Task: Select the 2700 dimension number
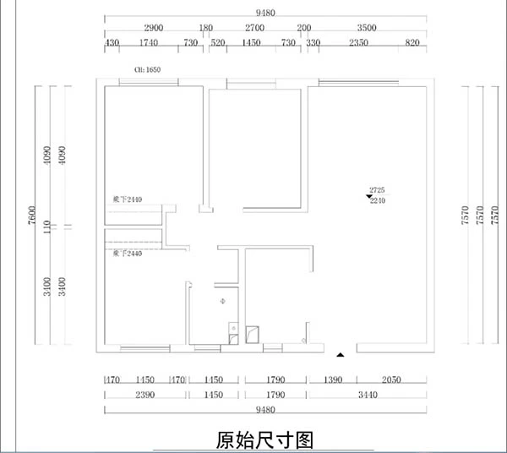point(254,28)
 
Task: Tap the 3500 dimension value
point(367,28)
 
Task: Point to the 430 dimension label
point(111,42)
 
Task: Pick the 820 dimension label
point(412,42)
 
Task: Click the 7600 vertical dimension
point(32,217)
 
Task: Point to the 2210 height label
point(378,202)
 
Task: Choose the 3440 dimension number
point(366,395)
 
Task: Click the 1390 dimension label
point(334,381)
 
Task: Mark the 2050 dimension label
point(390,381)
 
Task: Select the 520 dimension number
point(217,42)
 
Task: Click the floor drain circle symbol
point(221,301)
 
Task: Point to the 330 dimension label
point(313,42)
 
